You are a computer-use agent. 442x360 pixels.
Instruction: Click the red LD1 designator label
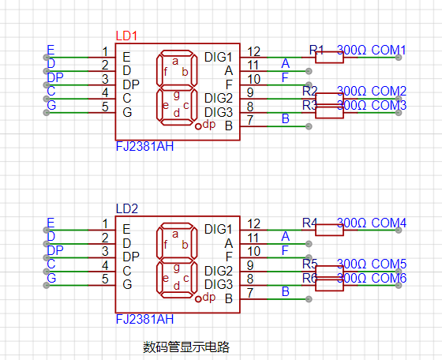click(126, 36)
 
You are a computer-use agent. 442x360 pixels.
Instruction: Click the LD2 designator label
click(127, 208)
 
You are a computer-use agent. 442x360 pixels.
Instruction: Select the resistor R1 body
click(329, 57)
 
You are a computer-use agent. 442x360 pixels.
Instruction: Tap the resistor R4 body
click(329, 230)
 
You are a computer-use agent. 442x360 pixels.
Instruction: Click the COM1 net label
click(388, 50)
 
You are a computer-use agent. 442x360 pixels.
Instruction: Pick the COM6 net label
click(388, 278)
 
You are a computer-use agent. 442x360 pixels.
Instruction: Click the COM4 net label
click(388, 223)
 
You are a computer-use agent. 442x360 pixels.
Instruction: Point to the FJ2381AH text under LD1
click(144, 147)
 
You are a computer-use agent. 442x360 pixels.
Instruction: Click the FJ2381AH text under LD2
click(144, 320)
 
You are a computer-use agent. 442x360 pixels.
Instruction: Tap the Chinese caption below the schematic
click(186, 347)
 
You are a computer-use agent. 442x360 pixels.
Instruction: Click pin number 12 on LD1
click(253, 51)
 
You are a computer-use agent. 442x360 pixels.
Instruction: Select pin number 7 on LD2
click(250, 293)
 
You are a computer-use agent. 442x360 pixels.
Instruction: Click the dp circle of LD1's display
click(198, 126)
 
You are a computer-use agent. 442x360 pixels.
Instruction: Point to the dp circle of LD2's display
click(198, 299)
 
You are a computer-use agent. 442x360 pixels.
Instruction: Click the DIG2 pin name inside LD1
click(219, 98)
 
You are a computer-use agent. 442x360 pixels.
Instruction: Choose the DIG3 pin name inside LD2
click(219, 284)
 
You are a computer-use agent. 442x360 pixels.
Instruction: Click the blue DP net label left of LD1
click(55, 77)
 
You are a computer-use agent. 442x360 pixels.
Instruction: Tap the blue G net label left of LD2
click(51, 278)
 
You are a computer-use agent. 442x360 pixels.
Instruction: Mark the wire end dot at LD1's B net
click(309, 126)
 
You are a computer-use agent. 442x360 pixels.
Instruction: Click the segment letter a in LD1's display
click(175, 61)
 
